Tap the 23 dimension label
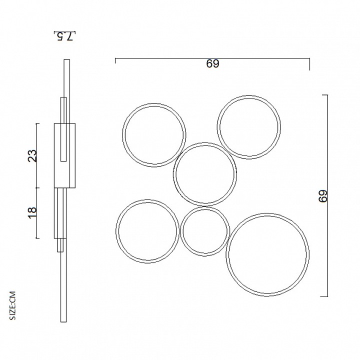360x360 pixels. (32, 156)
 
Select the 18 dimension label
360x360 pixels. (32, 213)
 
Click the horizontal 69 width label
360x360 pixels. (212, 63)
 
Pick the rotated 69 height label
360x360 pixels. (323, 196)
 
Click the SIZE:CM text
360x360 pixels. (12, 305)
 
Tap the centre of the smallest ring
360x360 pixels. (205, 231)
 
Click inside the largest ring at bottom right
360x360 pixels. (267, 254)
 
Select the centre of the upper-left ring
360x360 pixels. (154, 135)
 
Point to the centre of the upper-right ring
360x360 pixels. (249, 127)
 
